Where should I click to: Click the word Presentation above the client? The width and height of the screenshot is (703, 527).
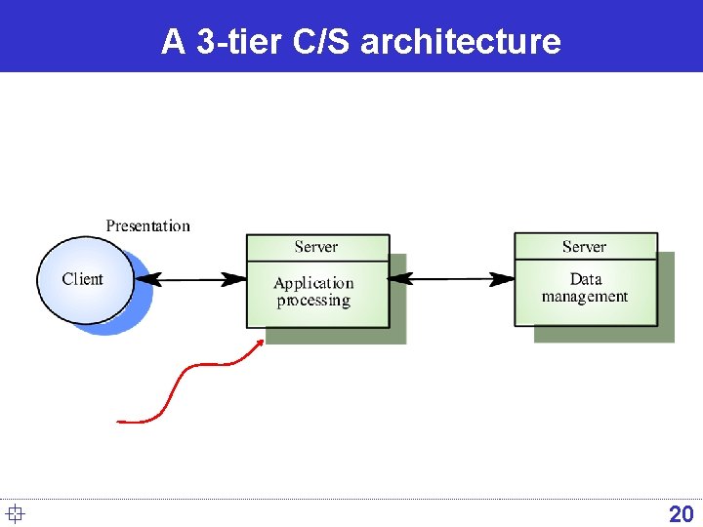coord(147,225)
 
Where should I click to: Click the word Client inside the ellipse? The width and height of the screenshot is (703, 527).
coord(82,279)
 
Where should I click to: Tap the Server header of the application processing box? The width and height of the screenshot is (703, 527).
coord(316,247)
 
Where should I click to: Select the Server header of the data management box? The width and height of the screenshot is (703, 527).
coord(584,247)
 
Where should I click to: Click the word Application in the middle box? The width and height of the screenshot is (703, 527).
coord(313,283)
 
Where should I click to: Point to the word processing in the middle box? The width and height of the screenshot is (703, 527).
coord(313,301)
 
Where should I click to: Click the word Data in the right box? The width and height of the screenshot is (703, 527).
coord(586,279)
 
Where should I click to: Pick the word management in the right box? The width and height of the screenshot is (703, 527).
coord(585,297)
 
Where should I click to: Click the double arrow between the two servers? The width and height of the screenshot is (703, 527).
coord(452,279)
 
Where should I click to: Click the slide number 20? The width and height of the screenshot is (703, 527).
coord(681,513)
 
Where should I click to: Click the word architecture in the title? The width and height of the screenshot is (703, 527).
coord(461,41)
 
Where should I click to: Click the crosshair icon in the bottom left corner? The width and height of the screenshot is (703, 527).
coord(14,513)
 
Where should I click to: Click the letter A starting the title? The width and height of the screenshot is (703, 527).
coord(173,41)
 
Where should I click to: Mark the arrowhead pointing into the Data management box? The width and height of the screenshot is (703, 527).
coord(505,279)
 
